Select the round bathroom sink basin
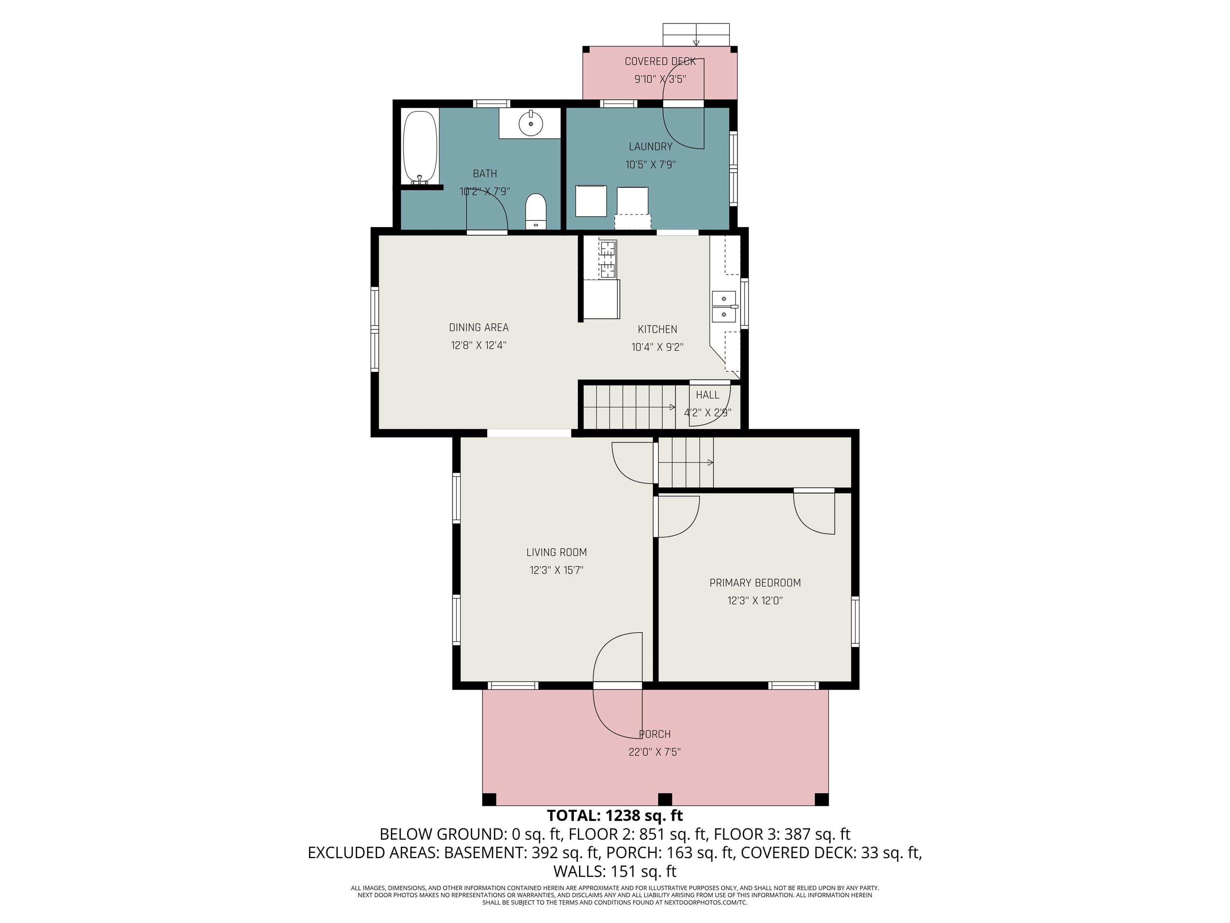coord(531,123)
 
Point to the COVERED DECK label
coord(659,61)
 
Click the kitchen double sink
coord(724,306)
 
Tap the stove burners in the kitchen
coord(608,259)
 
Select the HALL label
coord(707,395)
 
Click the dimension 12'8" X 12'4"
coord(478,345)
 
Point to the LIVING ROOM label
coord(556,552)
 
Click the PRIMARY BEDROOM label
coord(755,583)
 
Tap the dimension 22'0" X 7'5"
coord(655,752)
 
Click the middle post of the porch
coord(665,799)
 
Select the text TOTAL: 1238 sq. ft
coord(615,816)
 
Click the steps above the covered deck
coord(695,34)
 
